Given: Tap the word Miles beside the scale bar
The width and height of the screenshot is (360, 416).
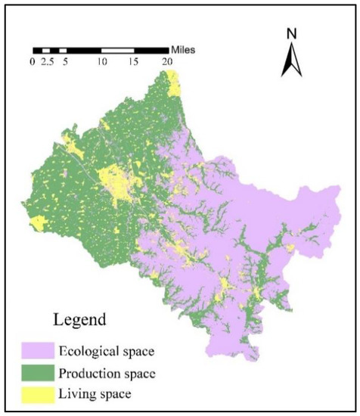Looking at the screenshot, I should pyautogui.click(x=184, y=51).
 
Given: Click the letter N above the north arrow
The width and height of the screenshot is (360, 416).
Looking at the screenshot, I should pyautogui.click(x=291, y=33).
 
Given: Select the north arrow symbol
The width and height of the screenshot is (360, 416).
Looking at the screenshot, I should pyautogui.click(x=291, y=60).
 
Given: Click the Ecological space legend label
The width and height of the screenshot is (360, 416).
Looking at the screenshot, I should pyautogui.click(x=134, y=352).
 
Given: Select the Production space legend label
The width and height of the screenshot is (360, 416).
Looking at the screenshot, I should pyautogui.click(x=135, y=374).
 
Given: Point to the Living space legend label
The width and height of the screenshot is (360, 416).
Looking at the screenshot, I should pyautogui.click(x=121, y=394).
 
